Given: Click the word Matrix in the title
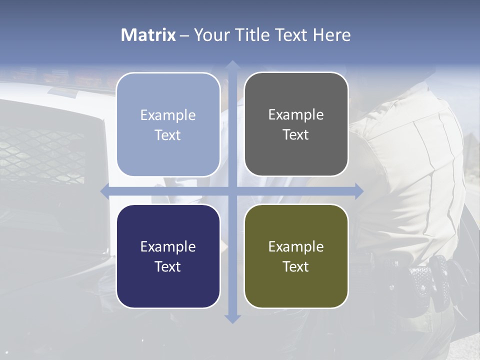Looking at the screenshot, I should pyautogui.click(x=148, y=35).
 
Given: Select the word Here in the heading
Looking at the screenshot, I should pyautogui.click(x=332, y=35).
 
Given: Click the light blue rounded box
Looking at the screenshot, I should pyautogui.click(x=168, y=124).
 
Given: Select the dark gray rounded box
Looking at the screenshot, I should pyautogui.click(x=296, y=124).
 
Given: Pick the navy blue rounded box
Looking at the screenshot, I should pyautogui.click(x=168, y=256).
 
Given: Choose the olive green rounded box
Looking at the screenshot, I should pyautogui.click(x=296, y=256).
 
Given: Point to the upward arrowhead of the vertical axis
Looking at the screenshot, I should pyautogui.click(x=232, y=65).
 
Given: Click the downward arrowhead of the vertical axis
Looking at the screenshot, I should pyautogui.click(x=232, y=318).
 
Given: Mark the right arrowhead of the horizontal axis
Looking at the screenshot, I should pyautogui.click(x=358, y=191).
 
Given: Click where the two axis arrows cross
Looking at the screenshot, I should pyautogui.click(x=232, y=191).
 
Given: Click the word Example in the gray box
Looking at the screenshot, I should pyautogui.click(x=296, y=114).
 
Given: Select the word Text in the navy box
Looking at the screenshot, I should pyautogui.click(x=168, y=266).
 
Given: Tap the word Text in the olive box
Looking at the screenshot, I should pyautogui.click(x=296, y=266).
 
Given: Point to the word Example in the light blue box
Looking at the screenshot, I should pyautogui.click(x=168, y=115).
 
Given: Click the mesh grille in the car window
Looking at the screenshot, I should pyautogui.click(x=45, y=150).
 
